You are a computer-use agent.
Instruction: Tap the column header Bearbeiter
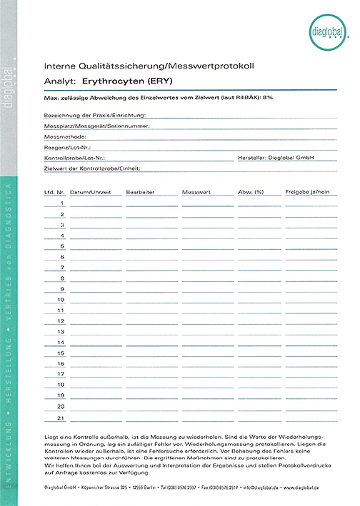click(140, 192)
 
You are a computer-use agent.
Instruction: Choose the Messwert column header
click(196, 192)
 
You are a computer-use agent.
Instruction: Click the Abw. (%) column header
click(251, 192)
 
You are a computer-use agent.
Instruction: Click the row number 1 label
click(63, 203)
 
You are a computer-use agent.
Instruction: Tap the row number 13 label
click(61, 332)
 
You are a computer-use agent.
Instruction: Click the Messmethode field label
click(65, 136)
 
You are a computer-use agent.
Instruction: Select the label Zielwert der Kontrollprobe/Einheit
click(92, 168)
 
